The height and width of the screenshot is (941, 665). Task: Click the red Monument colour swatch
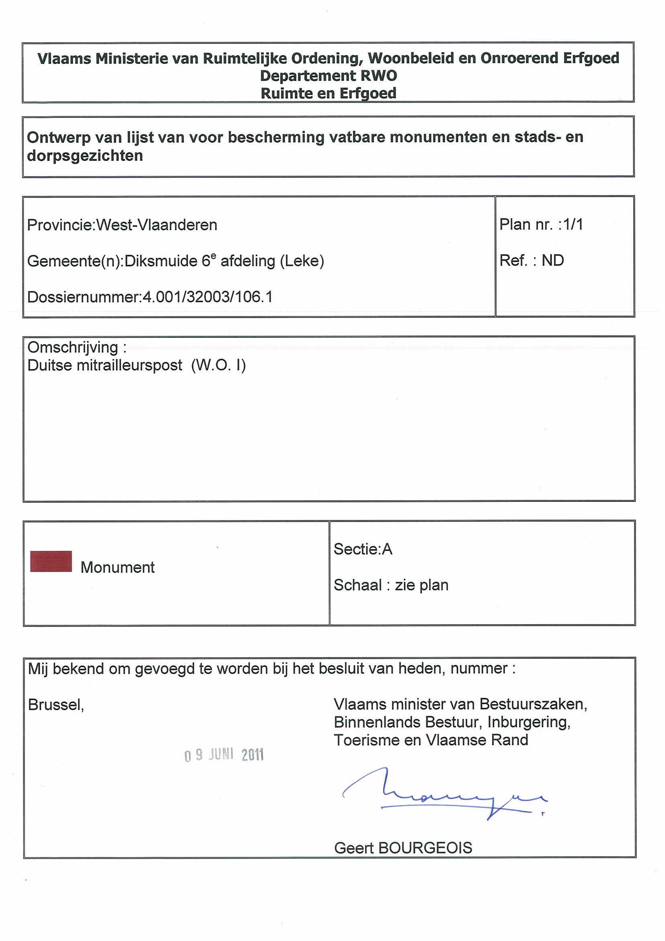[x=51, y=561]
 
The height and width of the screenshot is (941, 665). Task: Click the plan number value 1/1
[x=573, y=225]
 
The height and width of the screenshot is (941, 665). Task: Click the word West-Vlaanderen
[x=156, y=225]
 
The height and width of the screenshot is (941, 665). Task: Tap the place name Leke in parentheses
[x=302, y=261]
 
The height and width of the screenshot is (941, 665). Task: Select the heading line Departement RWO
[x=328, y=76]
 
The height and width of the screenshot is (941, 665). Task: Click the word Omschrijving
[x=72, y=347]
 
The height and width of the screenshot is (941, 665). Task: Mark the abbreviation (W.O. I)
[x=218, y=365]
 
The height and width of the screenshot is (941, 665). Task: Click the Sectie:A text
[x=363, y=549]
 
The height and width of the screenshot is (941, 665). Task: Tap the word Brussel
[x=56, y=705]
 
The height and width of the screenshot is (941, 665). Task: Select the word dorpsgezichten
[x=85, y=156]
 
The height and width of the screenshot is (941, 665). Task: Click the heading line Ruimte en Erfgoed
[x=328, y=93]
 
